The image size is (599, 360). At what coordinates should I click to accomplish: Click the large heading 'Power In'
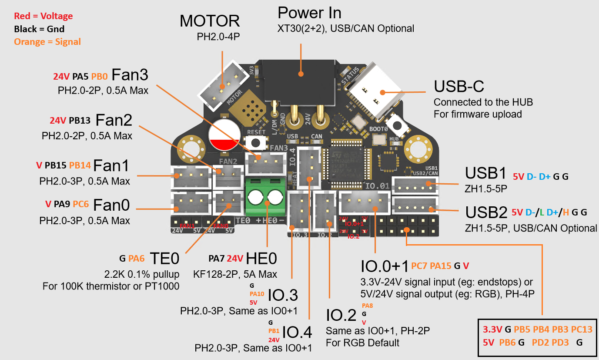[309, 13]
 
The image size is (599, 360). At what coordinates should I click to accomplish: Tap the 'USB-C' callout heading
[459, 86]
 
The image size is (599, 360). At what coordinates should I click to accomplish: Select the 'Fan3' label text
[130, 75]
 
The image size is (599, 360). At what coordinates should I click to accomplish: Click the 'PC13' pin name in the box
[582, 330]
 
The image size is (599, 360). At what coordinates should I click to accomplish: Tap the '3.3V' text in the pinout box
[492, 330]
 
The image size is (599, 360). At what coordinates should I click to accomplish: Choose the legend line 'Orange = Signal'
[47, 42]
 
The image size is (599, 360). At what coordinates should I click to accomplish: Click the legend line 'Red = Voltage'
[44, 16]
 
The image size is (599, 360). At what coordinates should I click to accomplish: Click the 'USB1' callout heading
[485, 173]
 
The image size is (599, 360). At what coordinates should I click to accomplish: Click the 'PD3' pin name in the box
[560, 342]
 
